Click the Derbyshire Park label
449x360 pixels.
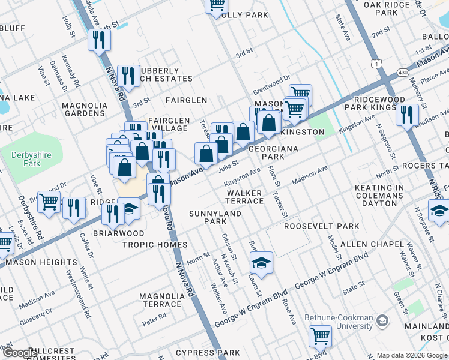coord(26,158)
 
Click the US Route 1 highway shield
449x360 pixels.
coord(376,63)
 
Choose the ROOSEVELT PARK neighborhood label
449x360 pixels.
coord(321,226)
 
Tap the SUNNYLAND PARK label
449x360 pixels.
coord(208,217)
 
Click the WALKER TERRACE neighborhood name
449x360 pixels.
coord(244,197)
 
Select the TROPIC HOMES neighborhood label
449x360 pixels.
coord(154,245)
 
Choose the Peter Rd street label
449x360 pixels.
coord(154,321)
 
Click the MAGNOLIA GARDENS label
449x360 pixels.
coord(83,109)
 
